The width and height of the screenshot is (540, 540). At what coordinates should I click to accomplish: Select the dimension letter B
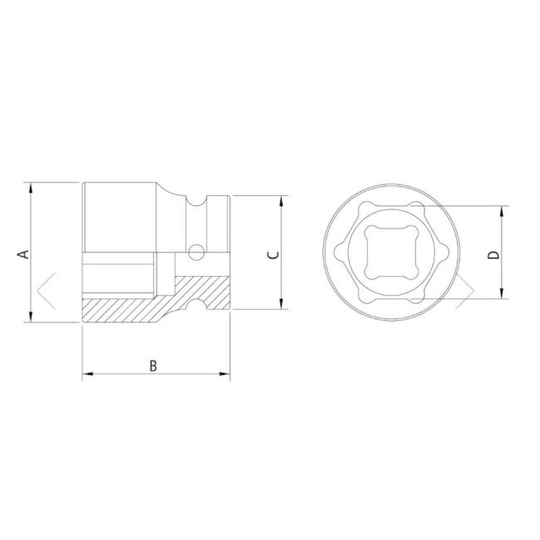point(153,365)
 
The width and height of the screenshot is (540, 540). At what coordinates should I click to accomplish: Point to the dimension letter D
point(493,253)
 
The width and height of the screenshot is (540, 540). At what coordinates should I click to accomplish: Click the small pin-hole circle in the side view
point(196,250)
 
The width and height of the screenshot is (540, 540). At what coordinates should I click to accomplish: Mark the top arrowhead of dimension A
point(31,187)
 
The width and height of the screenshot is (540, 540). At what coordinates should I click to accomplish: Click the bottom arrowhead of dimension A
point(31,318)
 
